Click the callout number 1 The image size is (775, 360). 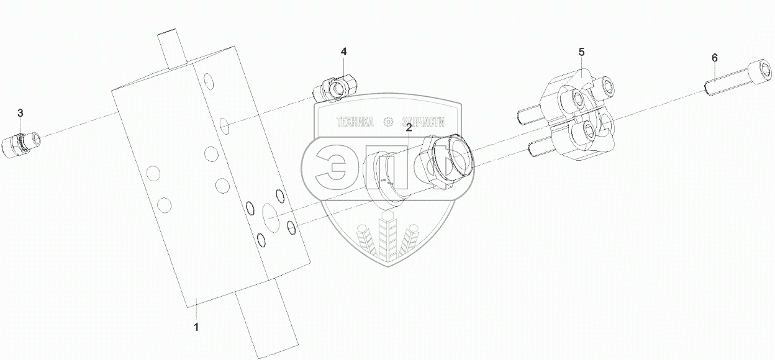coord(197,326)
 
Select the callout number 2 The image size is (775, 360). coord(409,128)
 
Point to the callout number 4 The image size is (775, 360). coord(343,52)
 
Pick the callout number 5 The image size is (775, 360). coord(581,52)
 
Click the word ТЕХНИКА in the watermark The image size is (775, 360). coord(355,122)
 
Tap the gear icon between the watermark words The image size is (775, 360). coord(389,122)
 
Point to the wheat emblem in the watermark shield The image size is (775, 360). coord(388,239)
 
